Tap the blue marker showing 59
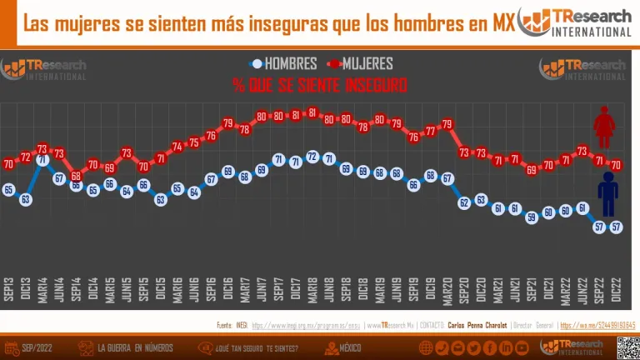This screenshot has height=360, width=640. [531, 217]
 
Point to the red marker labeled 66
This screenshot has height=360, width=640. [76, 177]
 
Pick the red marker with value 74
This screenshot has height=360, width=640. [177, 147]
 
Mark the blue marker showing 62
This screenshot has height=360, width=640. [464, 202]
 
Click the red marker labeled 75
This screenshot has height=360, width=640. [194, 142]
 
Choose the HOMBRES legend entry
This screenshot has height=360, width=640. [283, 63]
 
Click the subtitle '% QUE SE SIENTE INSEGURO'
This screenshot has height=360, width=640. [320, 85]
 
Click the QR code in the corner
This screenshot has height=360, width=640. [627, 347]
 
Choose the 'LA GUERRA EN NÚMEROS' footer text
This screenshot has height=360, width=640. [134, 347]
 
